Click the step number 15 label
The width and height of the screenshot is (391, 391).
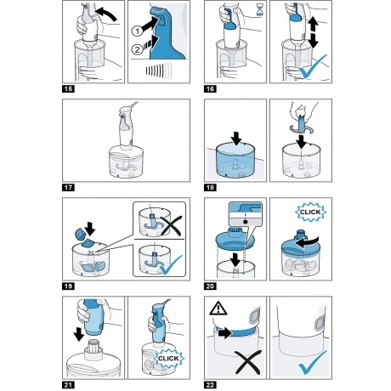(x=68, y=88)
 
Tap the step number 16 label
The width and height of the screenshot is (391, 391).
(x=210, y=88)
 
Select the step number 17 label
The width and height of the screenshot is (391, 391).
(x=68, y=187)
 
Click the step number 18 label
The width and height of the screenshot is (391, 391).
(x=210, y=187)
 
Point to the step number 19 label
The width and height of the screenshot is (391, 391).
(x=68, y=286)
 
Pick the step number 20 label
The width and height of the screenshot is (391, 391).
(x=210, y=286)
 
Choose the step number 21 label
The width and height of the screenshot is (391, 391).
(x=68, y=385)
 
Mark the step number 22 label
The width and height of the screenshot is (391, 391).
(x=210, y=385)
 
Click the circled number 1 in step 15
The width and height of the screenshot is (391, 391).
(x=138, y=31)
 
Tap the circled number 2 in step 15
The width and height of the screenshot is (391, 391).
(x=137, y=50)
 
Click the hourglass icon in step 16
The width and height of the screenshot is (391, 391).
(x=259, y=10)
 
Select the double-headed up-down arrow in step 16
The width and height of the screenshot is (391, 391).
(x=314, y=31)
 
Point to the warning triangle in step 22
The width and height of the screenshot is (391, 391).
(x=218, y=309)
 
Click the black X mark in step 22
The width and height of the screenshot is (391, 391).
(x=247, y=361)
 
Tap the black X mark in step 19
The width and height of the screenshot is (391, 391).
(x=171, y=226)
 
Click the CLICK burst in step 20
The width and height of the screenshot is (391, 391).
(x=310, y=212)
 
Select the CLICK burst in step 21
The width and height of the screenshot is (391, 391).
(x=168, y=359)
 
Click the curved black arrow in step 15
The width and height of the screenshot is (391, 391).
(x=107, y=13)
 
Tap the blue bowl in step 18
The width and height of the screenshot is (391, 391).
(x=235, y=161)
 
